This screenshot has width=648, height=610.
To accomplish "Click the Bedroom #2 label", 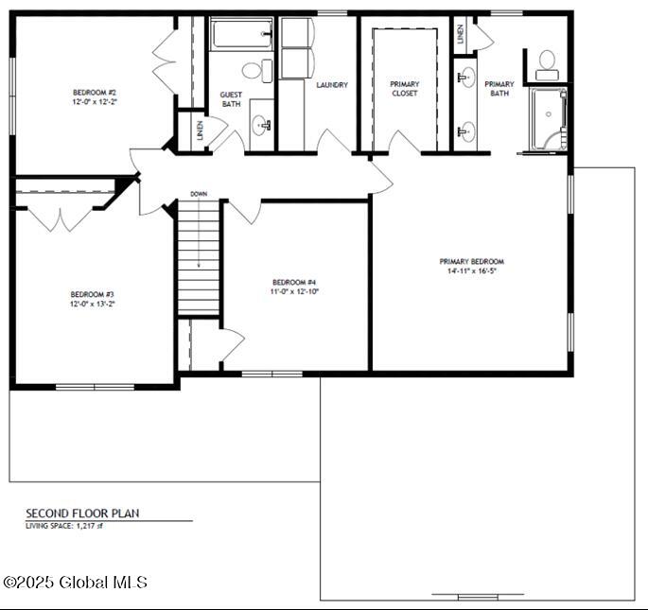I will pos(93,92).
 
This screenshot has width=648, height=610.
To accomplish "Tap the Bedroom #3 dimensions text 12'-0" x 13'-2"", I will pos(92,305).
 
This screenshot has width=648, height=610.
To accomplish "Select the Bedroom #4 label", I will pos(294,282).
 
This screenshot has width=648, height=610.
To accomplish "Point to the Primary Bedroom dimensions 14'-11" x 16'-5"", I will pos(471,271).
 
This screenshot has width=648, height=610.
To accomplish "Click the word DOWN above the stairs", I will pos(199,194).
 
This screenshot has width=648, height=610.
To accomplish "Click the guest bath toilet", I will pos(253,69).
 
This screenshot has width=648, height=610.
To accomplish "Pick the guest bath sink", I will pos(261,123).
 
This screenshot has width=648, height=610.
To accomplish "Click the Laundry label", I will pos(332,85).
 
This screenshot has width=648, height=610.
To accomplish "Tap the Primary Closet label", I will pos(405,88).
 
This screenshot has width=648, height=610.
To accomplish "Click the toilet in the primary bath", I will pos(546,64).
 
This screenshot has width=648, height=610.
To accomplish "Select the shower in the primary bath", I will pos(548,120).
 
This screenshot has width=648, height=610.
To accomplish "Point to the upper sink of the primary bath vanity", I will pos(466,78).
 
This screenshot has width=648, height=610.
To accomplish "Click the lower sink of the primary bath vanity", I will pos(466,131).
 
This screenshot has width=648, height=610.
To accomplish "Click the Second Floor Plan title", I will pos(82,514).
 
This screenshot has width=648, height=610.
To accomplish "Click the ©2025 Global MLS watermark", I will pos(76,583).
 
